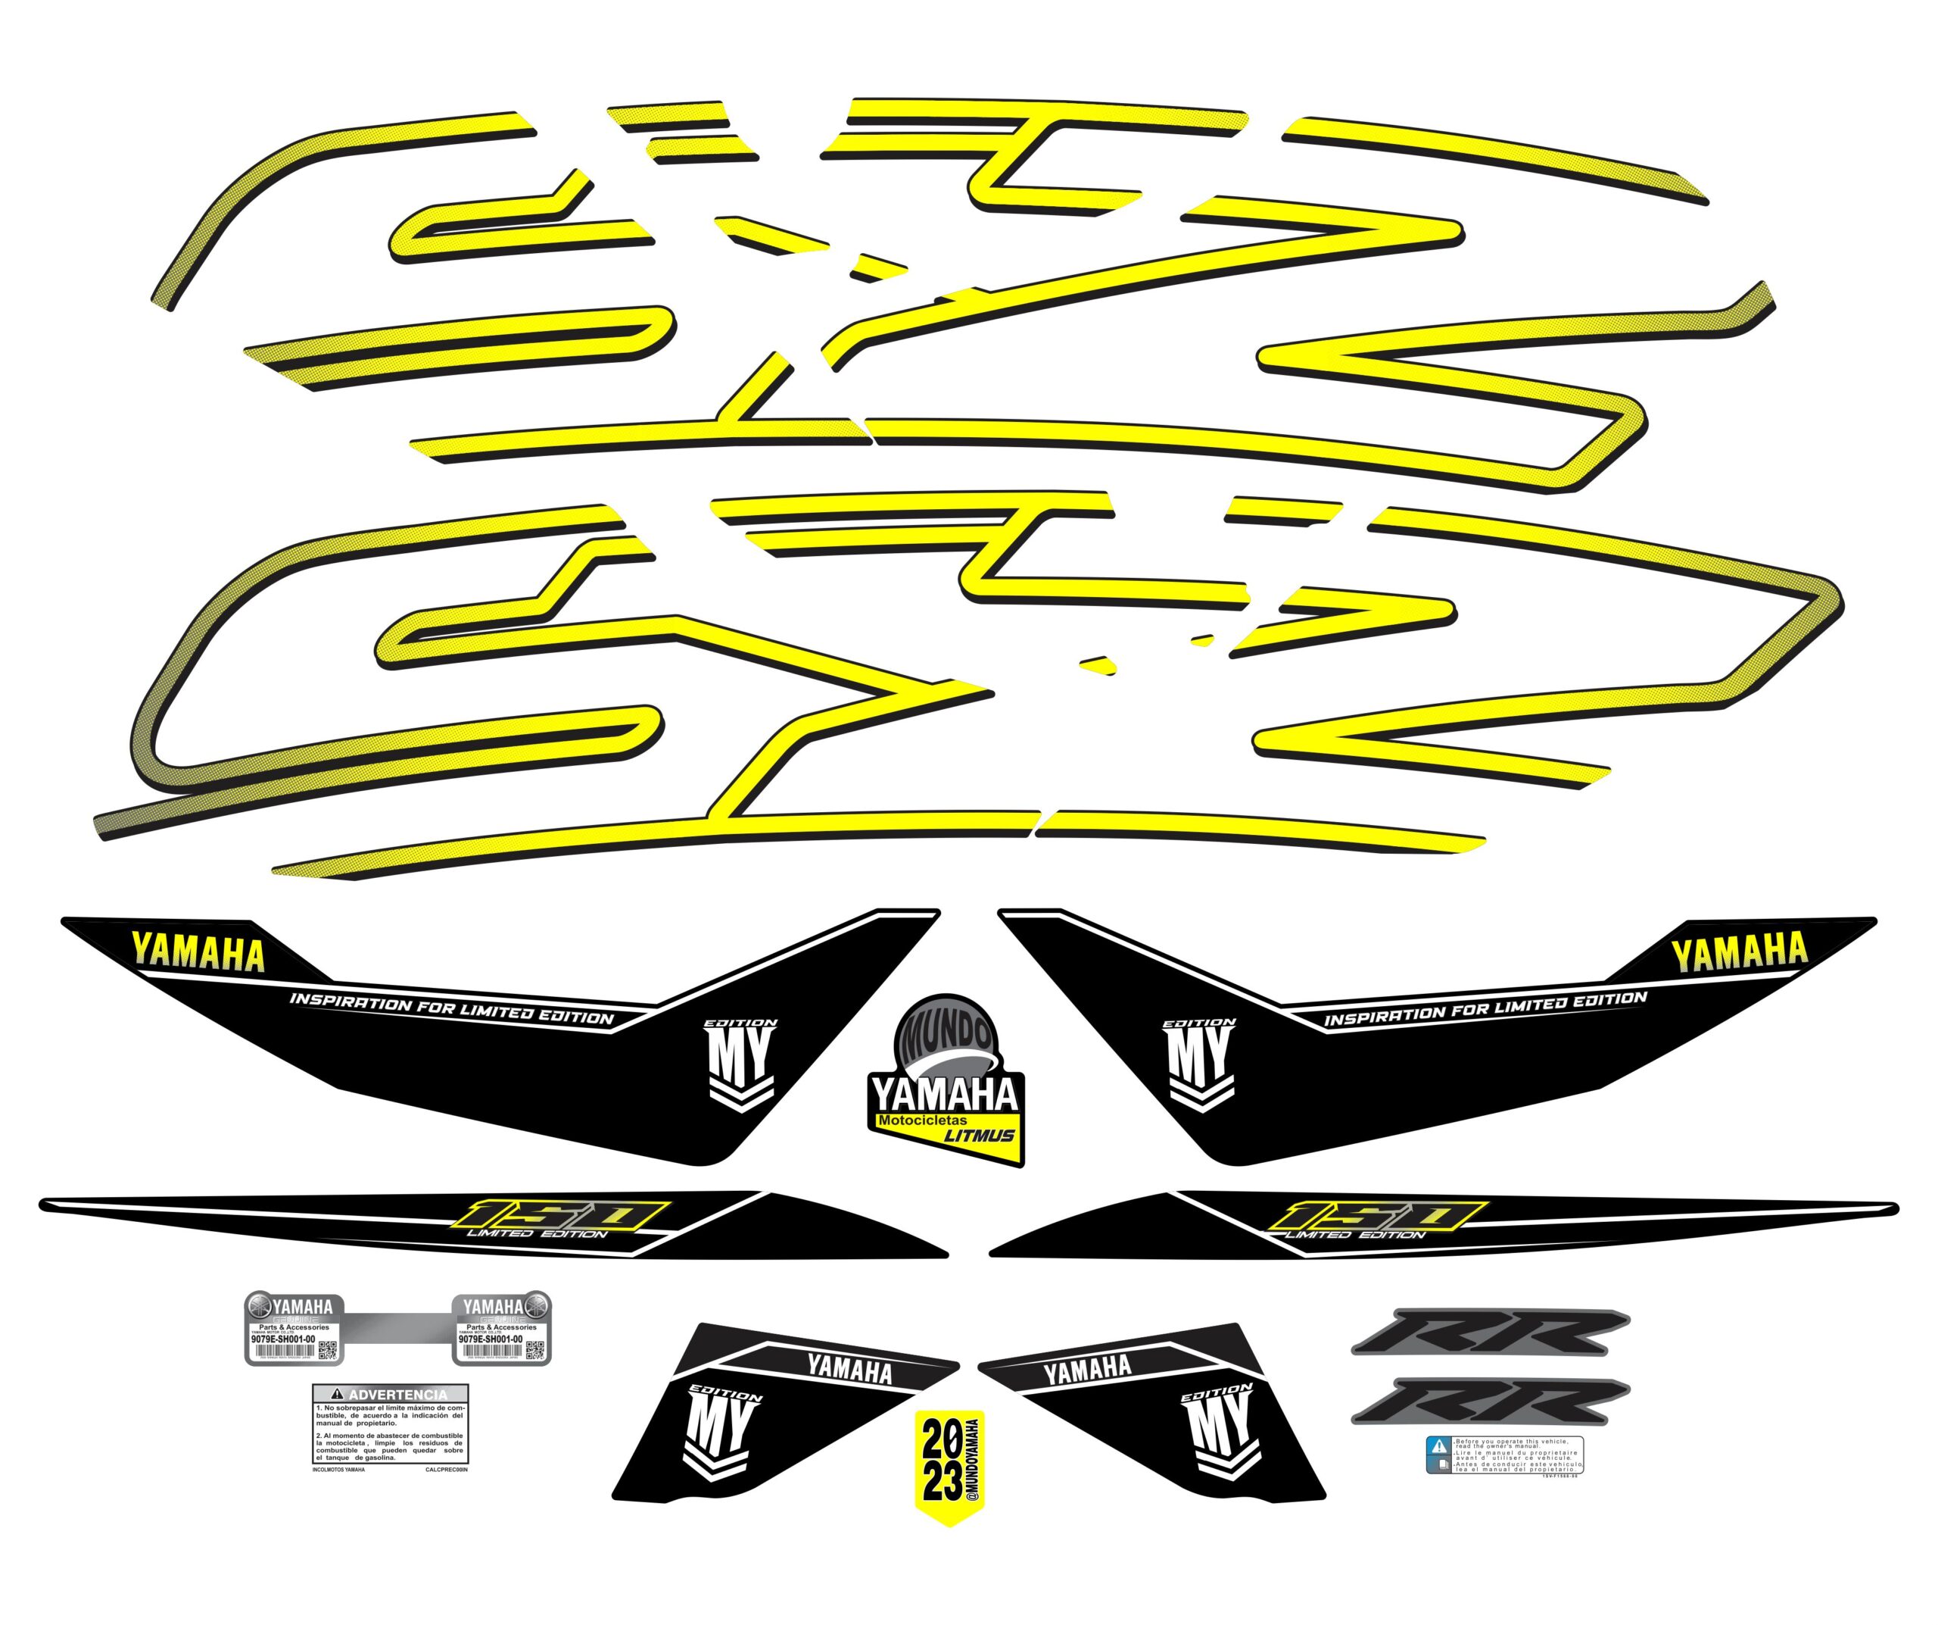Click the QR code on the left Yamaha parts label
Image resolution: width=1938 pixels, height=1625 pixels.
[328, 1350]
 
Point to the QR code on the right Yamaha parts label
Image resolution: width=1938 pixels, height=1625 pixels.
[534, 1350]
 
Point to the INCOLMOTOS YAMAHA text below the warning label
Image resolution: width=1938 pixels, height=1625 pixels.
[338, 1469]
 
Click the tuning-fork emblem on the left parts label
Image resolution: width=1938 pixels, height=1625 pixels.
[260, 1308]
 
